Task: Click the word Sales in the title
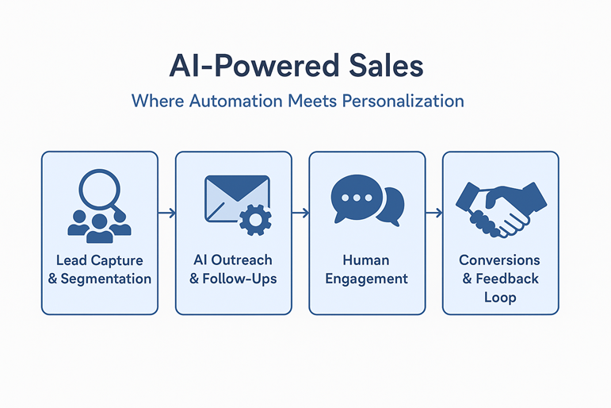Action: [x=386, y=65]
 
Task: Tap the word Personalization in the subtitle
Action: [x=403, y=101]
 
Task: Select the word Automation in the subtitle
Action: [x=235, y=101]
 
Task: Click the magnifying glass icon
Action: [x=100, y=191]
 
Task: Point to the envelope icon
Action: [x=237, y=199]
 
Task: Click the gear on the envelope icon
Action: [x=255, y=220]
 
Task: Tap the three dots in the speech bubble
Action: [x=357, y=198]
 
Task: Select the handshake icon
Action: [x=501, y=210]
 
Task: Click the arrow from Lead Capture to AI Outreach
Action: [x=166, y=214]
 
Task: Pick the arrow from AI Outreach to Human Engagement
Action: [x=300, y=214]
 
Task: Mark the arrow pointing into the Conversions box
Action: [x=434, y=214]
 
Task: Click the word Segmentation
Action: [x=106, y=279]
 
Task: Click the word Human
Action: [x=366, y=260]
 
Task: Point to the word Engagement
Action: [x=367, y=279]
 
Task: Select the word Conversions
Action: [x=499, y=260]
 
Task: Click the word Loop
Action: [x=500, y=298]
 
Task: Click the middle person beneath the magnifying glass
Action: [x=100, y=229]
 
